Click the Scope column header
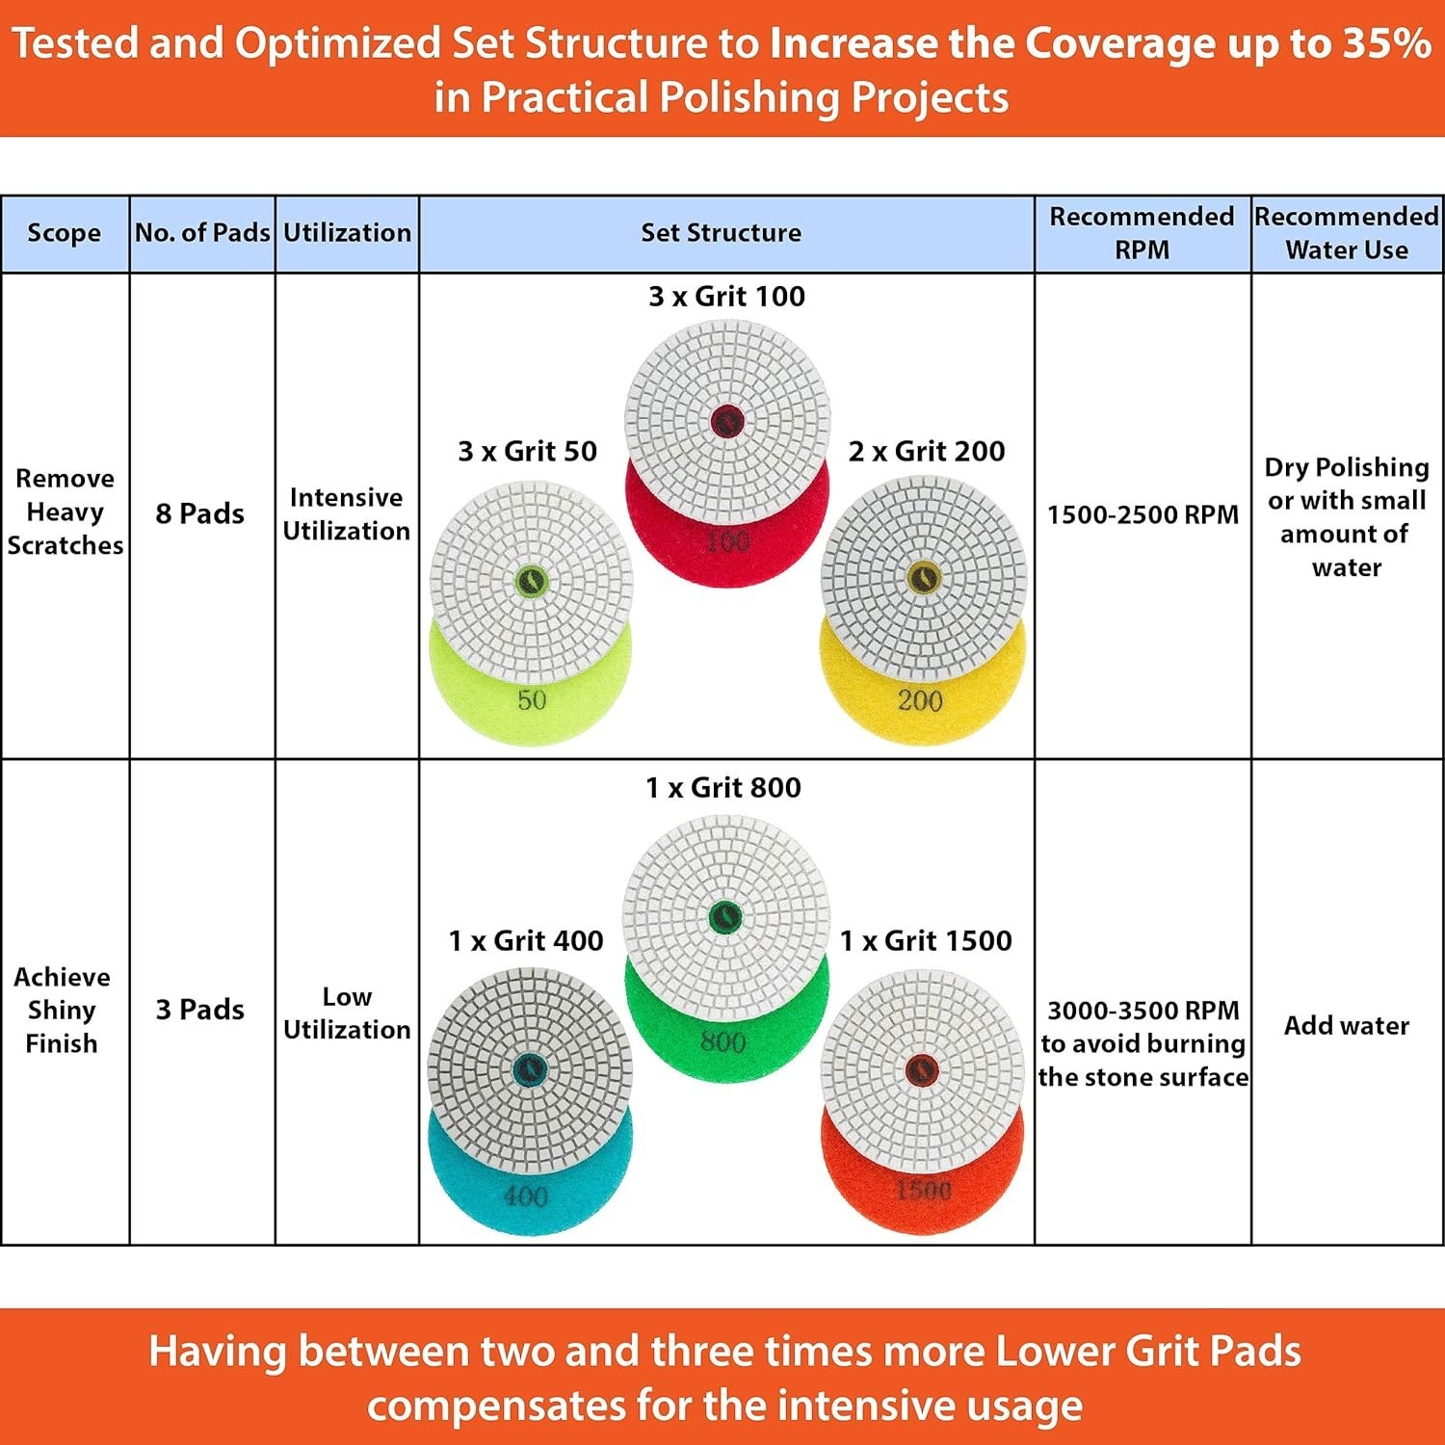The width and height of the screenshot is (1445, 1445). tap(64, 233)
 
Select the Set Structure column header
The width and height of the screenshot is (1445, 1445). tap(721, 233)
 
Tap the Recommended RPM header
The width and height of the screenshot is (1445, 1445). tap(1142, 233)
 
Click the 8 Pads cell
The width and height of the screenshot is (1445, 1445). tap(200, 513)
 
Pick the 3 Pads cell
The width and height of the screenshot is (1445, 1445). tap(200, 1010)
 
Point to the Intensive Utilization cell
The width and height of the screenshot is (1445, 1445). tap(347, 513)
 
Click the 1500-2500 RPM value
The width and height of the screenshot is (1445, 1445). tap(1143, 514)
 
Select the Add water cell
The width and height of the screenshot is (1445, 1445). tap(1346, 1025)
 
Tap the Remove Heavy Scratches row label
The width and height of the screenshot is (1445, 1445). tap(65, 512)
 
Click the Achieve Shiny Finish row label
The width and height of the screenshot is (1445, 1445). tap(62, 1010)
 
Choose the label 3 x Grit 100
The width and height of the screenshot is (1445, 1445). tap(726, 297)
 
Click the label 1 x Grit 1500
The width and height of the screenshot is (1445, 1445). tap(926, 941)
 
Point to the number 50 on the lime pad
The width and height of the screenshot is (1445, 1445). tap(532, 700)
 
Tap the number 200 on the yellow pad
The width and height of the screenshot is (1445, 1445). tap(920, 700)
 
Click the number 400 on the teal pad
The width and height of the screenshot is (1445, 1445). tap(526, 1196)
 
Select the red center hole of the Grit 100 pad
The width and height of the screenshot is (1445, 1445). tap(726, 421)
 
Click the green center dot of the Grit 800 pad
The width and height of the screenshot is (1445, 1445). tap(724, 918)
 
